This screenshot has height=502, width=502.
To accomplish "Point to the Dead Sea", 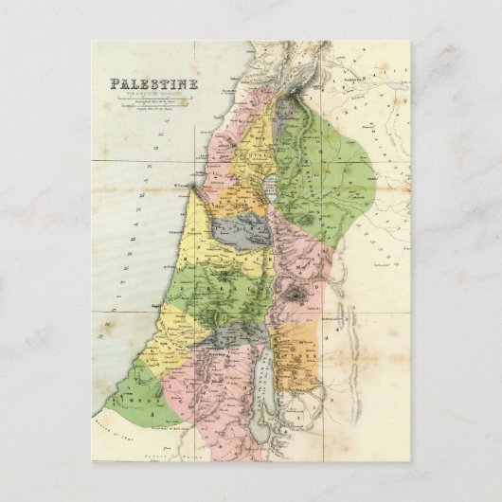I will [265, 374].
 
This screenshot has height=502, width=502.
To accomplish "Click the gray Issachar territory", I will [237, 230].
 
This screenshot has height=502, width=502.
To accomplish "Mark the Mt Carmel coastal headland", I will [192, 188].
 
